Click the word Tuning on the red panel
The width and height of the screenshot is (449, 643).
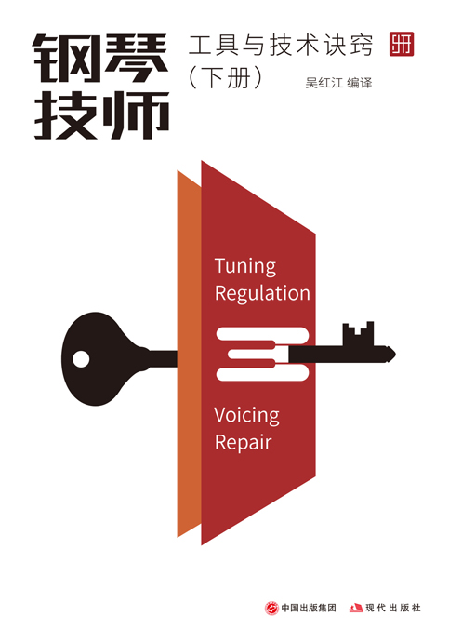[245, 266]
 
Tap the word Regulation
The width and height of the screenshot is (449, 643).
[262, 294]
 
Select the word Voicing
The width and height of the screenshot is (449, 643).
[246, 416]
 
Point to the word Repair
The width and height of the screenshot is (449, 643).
[243, 443]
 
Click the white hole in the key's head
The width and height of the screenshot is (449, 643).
[81, 359]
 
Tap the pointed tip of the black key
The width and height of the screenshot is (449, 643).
[395, 354]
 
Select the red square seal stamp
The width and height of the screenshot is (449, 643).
[402, 44]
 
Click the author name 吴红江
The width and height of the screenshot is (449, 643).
[324, 83]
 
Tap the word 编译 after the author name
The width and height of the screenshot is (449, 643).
[359, 83]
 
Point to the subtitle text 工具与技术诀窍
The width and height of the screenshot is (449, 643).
[281, 45]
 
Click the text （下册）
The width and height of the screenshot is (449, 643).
[225, 77]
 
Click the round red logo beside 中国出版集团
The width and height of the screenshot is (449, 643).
[271, 608]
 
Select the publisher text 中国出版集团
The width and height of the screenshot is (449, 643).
[309, 608]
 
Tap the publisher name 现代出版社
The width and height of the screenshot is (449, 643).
[393, 608]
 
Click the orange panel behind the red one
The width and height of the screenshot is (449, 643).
[189, 354]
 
